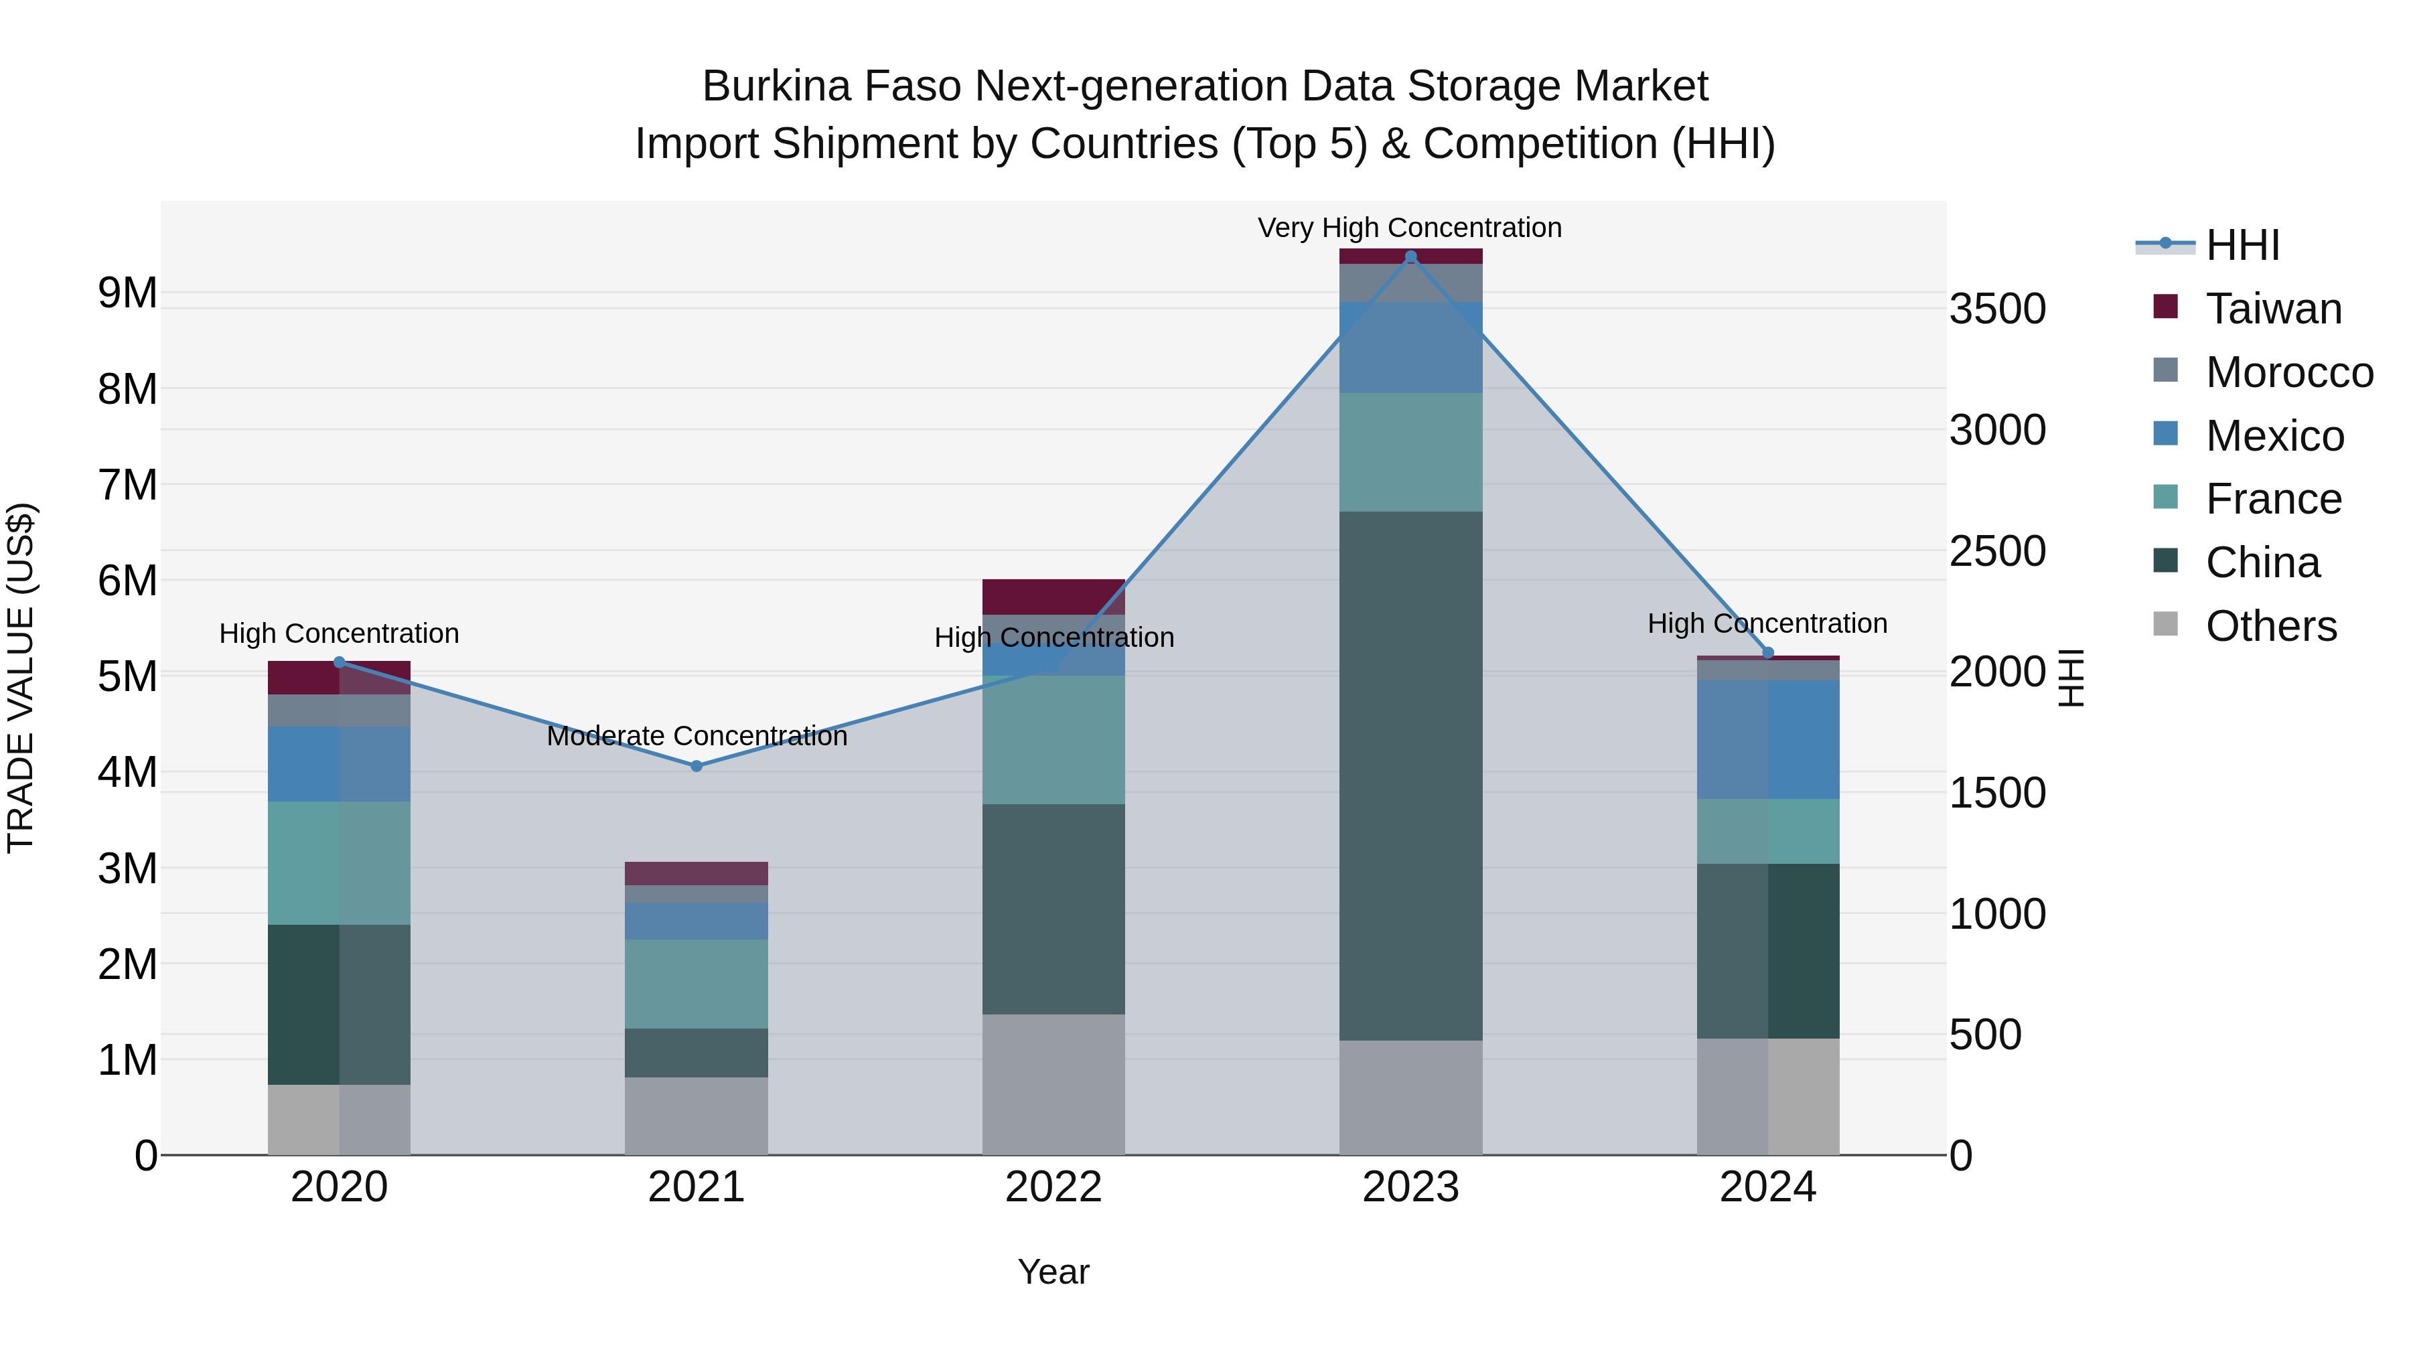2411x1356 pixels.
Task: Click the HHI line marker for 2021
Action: coord(697,765)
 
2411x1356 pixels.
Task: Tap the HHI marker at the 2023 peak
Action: coord(1410,256)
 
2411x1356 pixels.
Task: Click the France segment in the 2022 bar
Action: coord(1053,739)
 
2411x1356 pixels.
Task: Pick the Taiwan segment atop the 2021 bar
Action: coord(697,873)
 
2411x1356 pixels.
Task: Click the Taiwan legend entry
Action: coord(2272,309)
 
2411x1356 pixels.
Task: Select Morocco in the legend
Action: coord(2288,372)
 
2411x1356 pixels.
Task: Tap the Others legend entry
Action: coord(2270,626)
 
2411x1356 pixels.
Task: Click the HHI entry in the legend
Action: coord(2242,245)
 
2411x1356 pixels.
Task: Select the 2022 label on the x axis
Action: coord(1053,1187)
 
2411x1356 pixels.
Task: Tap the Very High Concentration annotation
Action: coord(1410,228)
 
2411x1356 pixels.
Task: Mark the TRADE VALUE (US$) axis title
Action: coord(21,678)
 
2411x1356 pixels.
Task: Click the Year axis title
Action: coord(1053,1272)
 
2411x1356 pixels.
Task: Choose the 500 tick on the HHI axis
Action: coord(1985,1035)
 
